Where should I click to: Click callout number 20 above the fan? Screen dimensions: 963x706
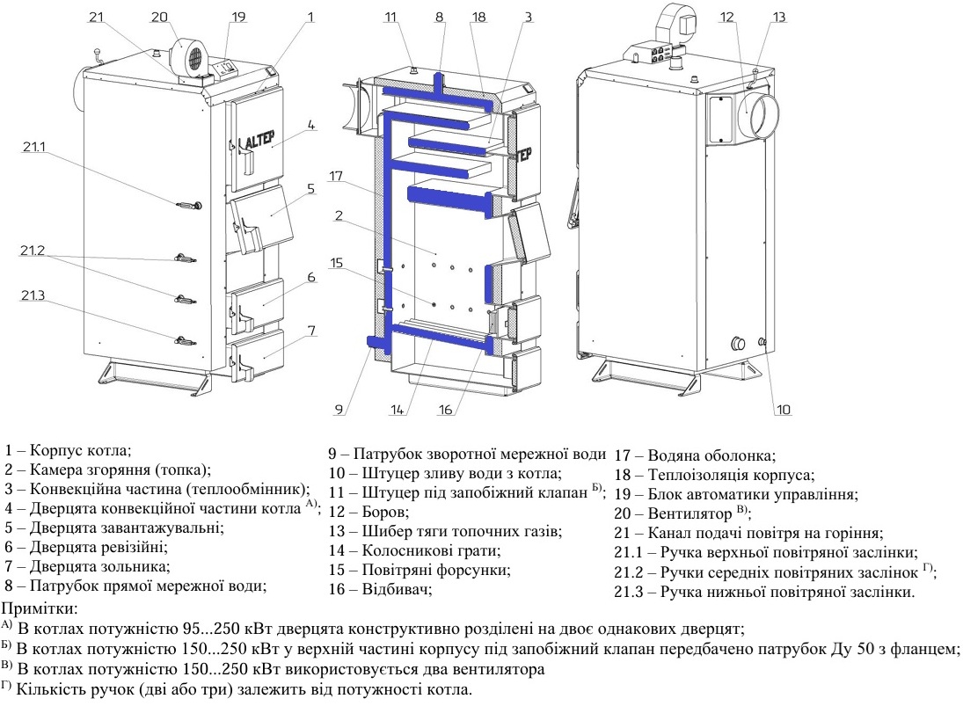[160, 17]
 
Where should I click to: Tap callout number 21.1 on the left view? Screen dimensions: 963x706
[34, 147]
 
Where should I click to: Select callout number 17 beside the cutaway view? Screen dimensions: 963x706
[335, 176]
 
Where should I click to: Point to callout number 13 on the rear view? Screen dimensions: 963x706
[779, 17]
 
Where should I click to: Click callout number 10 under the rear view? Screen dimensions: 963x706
[783, 410]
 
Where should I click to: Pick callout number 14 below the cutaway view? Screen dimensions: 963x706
[398, 410]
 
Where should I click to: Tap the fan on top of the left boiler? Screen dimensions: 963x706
[190, 59]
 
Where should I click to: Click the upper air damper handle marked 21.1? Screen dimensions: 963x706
[188, 205]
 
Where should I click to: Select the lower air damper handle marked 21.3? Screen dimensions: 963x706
[185, 341]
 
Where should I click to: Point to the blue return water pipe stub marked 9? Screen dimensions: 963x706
[375, 342]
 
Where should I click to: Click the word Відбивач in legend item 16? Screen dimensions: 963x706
[395, 589]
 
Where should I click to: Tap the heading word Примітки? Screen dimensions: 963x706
[40, 609]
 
